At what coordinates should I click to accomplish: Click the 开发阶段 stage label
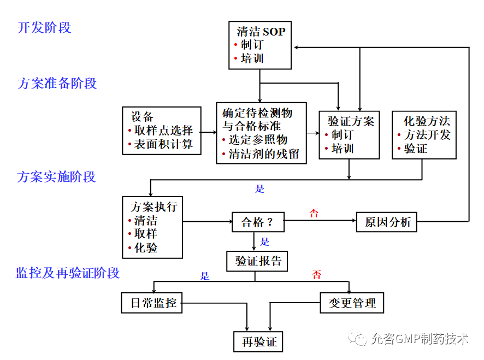click(x=44, y=28)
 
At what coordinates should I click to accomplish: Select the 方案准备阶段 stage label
click(x=57, y=84)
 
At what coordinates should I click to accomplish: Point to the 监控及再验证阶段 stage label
click(x=68, y=273)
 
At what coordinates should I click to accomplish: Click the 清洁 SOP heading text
click(x=261, y=32)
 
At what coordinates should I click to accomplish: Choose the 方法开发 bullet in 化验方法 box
click(x=427, y=134)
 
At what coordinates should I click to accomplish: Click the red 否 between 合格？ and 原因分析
click(x=314, y=213)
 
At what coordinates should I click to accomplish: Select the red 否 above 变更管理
click(x=317, y=275)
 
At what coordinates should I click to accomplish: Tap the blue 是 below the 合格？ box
click(x=265, y=241)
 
